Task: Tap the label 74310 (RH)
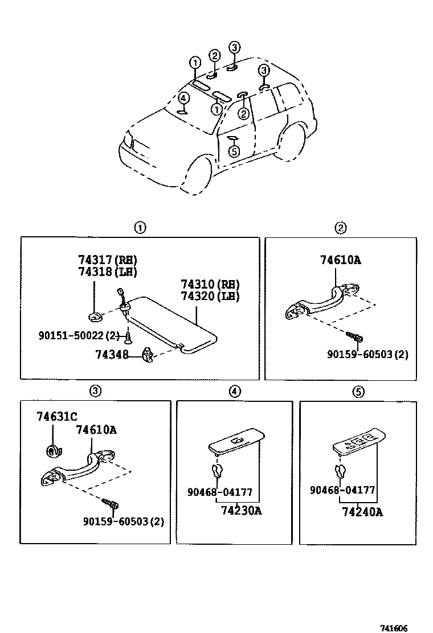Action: coord(210,285)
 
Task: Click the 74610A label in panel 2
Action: coord(340,261)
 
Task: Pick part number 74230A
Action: coord(241,511)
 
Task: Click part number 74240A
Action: coord(362,512)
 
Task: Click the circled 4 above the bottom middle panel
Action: coord(235,391)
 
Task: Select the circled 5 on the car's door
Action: coord(233,151)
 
